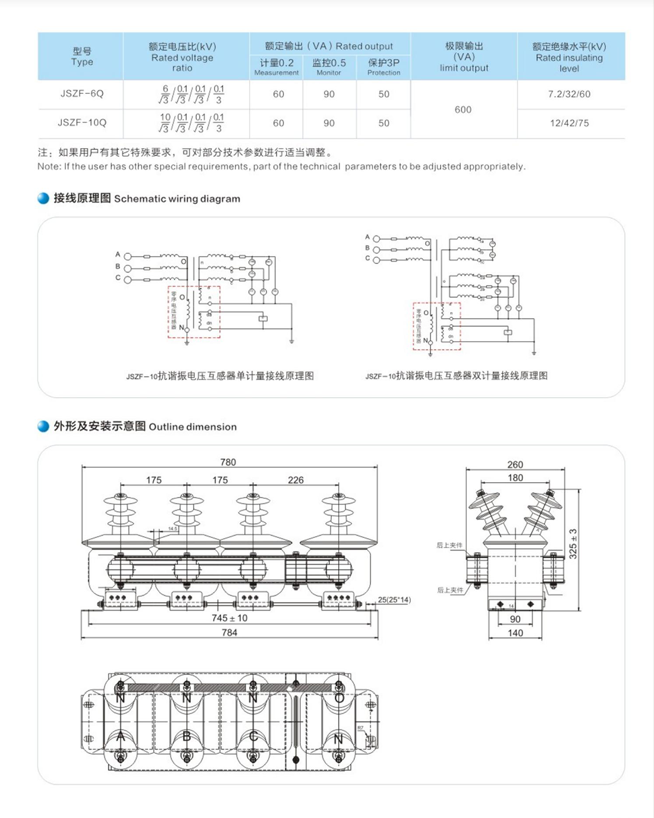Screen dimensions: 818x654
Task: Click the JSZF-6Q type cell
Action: tap(82, 94)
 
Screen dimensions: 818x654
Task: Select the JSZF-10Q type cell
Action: tap(82, 122)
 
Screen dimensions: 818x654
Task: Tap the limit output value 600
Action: tap(463, 109)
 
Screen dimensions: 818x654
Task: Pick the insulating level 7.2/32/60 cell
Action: tap(569, 94)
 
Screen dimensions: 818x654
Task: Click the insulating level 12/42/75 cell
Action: tap(569, 123)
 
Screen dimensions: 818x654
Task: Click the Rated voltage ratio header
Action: tap(183, 57)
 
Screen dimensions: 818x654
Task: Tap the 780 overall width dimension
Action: tap(228, 463)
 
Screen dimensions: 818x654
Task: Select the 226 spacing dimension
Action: tap(295, 480)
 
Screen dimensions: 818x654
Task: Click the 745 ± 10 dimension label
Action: tap(229, 618)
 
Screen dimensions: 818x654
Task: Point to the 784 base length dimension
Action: tap(229, 633)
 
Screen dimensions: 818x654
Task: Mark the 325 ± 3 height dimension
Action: tap(573, 543)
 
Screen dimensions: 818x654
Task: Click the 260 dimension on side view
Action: tap(515, 465)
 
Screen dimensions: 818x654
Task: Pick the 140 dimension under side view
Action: tap(515, 633)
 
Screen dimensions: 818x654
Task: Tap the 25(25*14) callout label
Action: tap(394, 600)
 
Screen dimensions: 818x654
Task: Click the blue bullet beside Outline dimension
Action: tap(43, 426)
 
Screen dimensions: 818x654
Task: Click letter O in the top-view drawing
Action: tap(339, 697)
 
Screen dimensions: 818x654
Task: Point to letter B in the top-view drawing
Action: tap(187, 737)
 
